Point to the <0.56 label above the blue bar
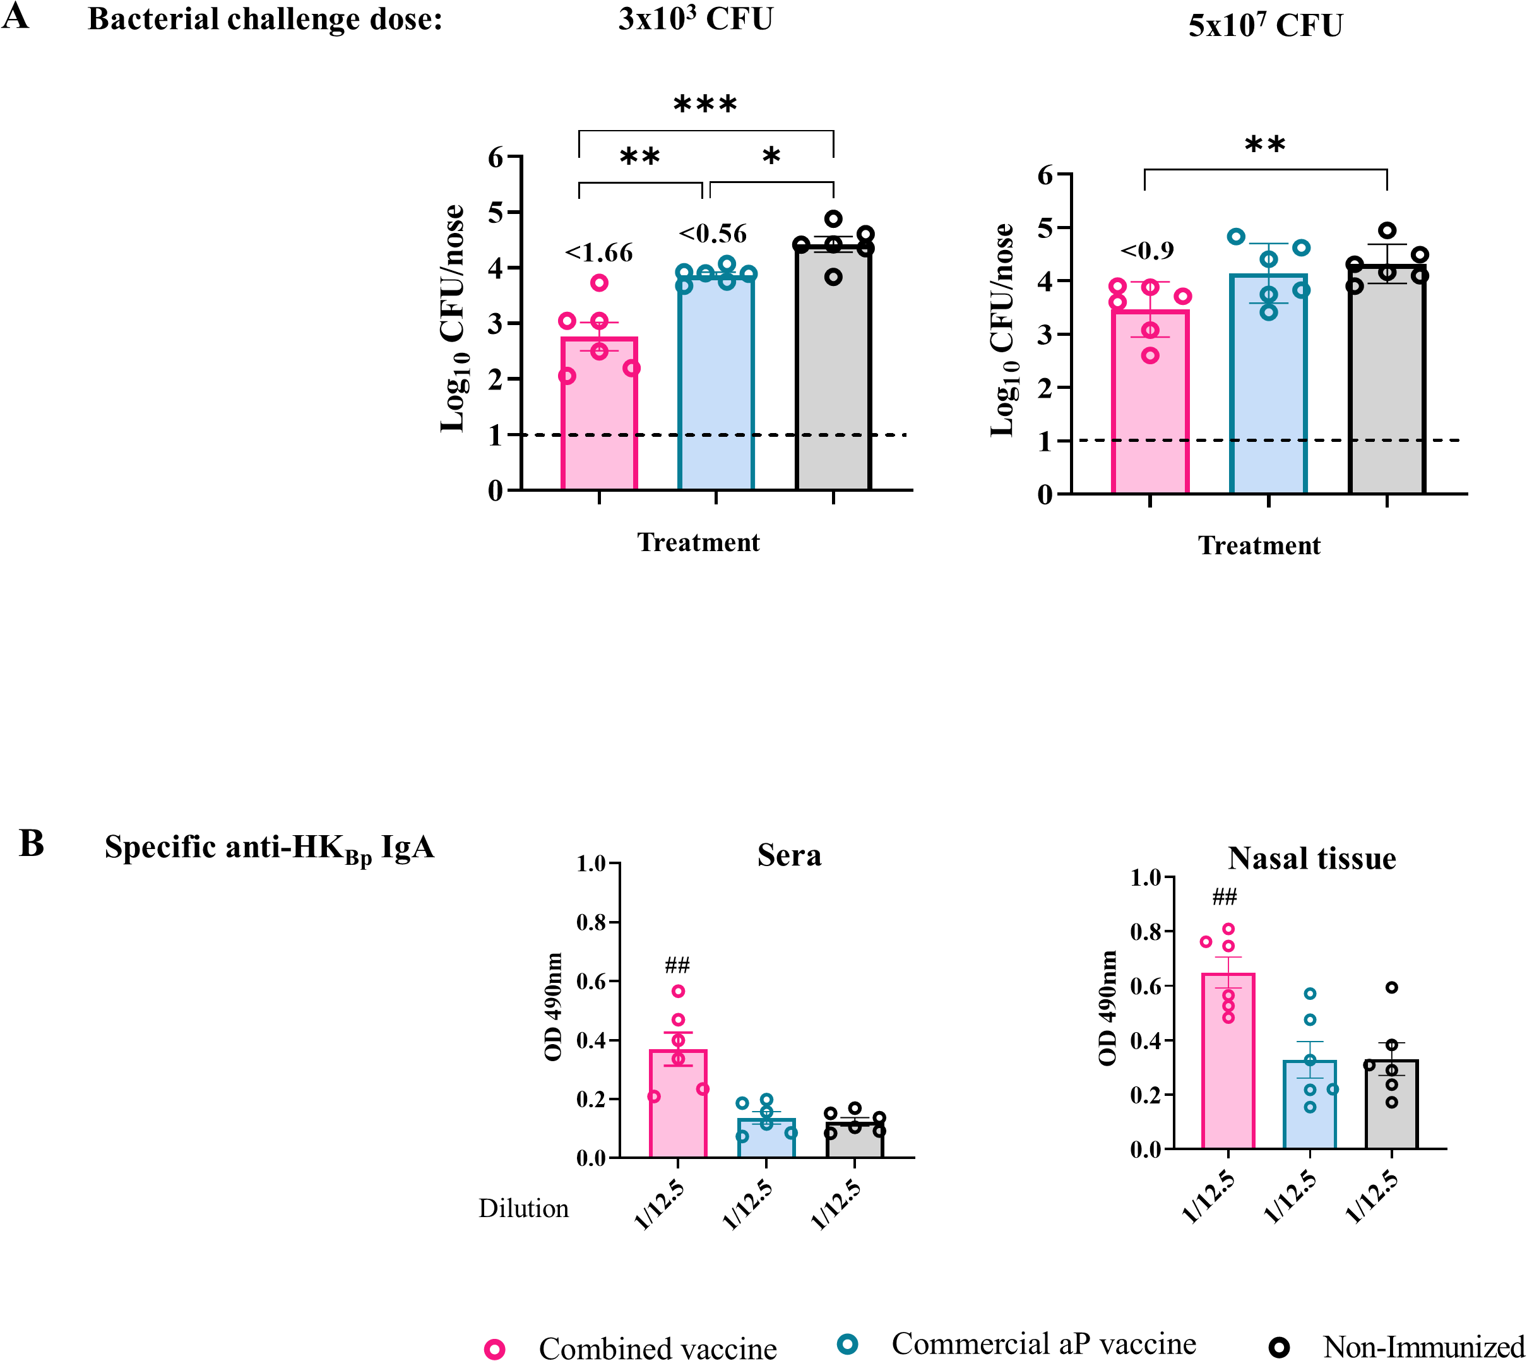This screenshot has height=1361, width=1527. tap(713, 234)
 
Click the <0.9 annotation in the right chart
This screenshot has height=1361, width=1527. tap(1147, 251)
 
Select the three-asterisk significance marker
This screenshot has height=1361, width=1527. tap(705, 105)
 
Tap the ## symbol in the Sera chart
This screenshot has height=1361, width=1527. tap(677, 965)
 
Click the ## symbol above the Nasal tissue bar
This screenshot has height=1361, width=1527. tap(1224, 896)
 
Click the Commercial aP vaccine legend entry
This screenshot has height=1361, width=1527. tap(1043, 1344)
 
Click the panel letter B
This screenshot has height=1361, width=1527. tap(32, 843)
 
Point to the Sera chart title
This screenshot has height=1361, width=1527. tap(789, 855)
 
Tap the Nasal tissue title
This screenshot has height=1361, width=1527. tap(1312, 859)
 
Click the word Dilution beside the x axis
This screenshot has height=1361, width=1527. tap(523, 1208)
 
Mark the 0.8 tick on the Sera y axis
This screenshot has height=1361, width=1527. tap(591, 923)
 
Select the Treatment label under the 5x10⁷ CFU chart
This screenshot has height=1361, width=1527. tap(1259, 546)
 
